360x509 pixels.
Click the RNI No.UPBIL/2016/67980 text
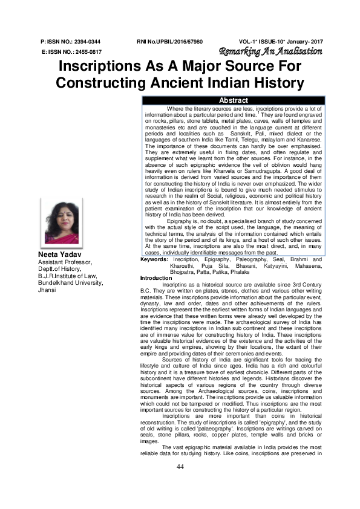coord(170,42)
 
